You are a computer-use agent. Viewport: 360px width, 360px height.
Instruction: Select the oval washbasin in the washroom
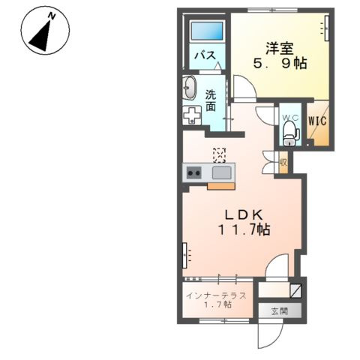tap(188, 87)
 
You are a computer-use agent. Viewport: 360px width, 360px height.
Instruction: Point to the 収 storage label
tap(283, 162)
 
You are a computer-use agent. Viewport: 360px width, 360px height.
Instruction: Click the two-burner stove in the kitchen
tap(194, 174)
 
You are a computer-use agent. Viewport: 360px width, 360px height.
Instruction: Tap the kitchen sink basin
tap(221, 174)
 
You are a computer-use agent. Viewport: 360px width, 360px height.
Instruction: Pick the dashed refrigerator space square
tap(220, 154)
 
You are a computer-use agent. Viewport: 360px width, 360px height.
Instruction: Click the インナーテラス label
tap(217, 295)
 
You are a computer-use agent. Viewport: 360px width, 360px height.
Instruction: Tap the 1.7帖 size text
tap(217, 305)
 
